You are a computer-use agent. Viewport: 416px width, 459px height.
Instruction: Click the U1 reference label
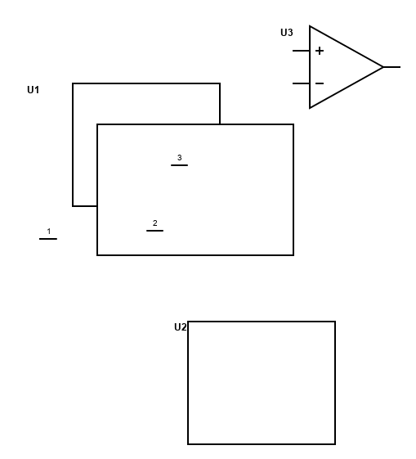point(33,89)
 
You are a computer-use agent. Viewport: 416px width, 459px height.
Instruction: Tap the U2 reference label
point(180,327)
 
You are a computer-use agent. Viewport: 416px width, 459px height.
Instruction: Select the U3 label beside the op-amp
point(287,33)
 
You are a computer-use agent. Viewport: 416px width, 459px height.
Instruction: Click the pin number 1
point(49,232)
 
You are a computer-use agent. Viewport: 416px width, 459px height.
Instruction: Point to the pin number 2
point(155,223)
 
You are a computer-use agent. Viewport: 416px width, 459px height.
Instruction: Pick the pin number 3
point(180,157)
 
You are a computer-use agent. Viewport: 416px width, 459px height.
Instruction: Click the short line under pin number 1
point(48,239)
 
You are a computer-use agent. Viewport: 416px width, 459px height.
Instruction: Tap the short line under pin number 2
point(155,231)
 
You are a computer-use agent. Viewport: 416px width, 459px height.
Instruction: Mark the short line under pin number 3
point(180,165)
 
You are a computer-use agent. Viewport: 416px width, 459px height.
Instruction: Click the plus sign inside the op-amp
point(320,51)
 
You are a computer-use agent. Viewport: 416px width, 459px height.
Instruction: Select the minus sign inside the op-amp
point(320,83)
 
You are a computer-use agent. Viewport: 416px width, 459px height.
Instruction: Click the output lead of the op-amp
point(391,67)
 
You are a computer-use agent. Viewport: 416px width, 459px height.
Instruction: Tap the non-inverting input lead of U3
point(301,51)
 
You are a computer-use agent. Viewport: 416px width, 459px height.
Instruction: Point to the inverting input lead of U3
point(301,83)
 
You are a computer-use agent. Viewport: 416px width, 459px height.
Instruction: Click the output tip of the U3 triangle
point(383,67)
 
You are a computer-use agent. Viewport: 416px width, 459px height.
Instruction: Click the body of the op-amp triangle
point(347,47)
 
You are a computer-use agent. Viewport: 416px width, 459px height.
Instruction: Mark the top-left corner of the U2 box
point(188,322)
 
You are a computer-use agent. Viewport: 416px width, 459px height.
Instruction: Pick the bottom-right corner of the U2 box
point(335,444)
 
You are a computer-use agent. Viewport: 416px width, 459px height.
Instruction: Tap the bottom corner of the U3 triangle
point(310,108)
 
